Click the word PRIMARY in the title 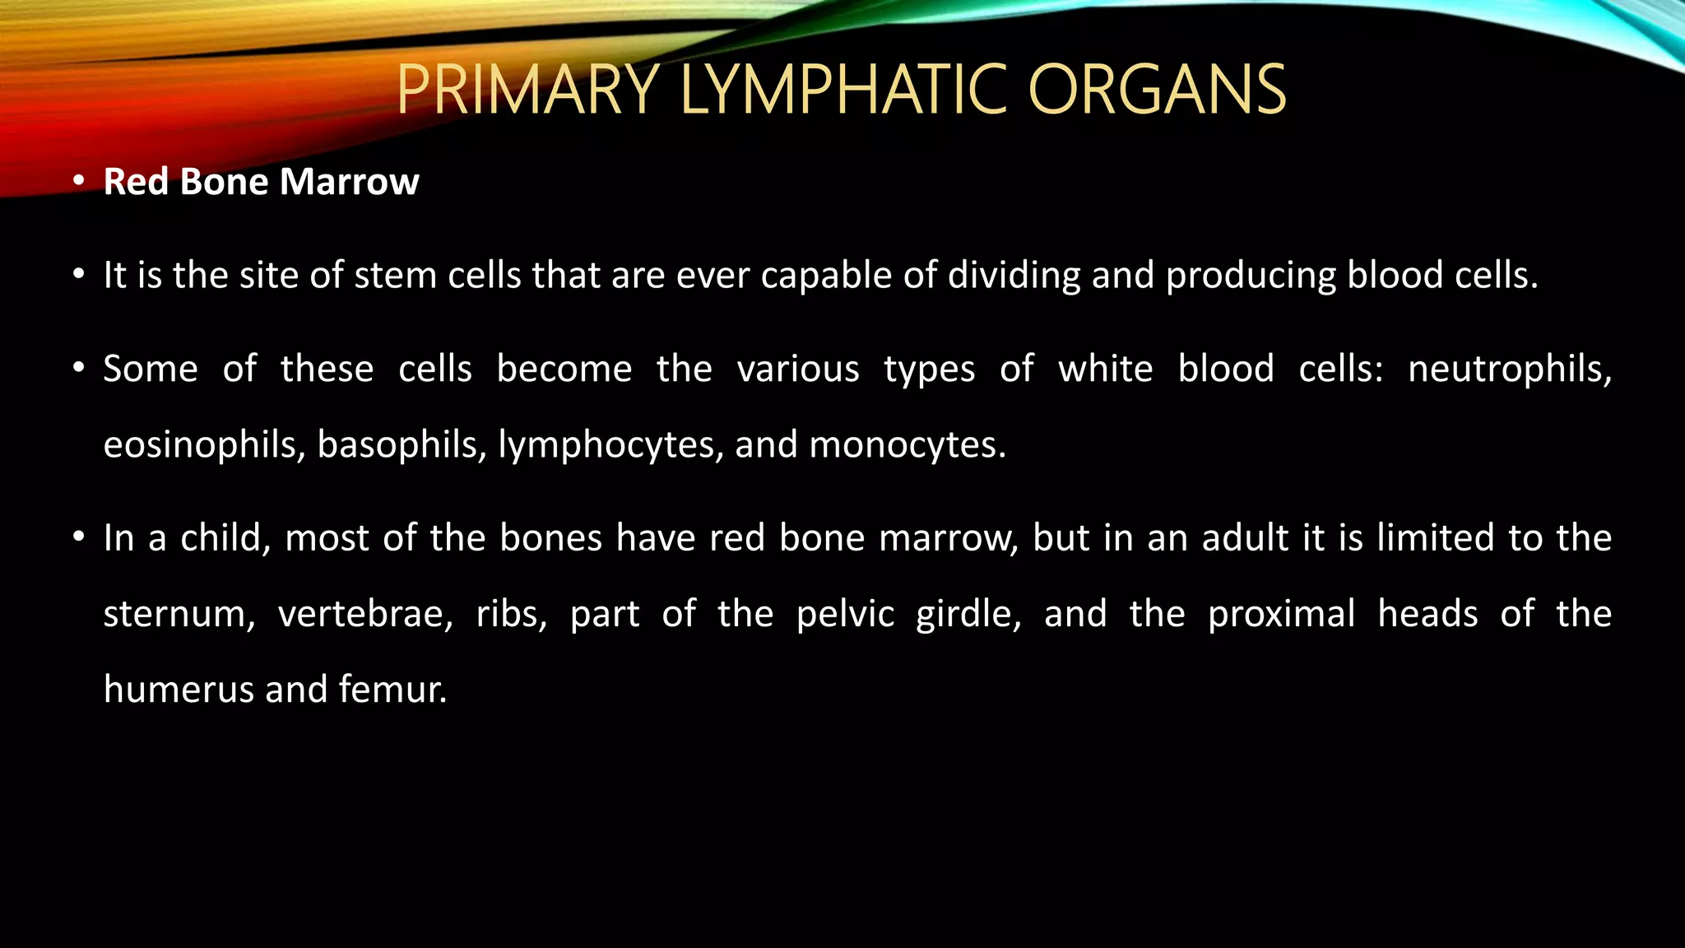coord(527,90)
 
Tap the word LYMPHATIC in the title coord(843,90)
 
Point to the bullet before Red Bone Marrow coord(78,181)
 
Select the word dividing coord(1014,275)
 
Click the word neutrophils coord(1509,369)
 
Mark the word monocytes coord(907,445)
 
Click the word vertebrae coord(365,615)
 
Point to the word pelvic coord(845,615)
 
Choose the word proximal coord(1281,615)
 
